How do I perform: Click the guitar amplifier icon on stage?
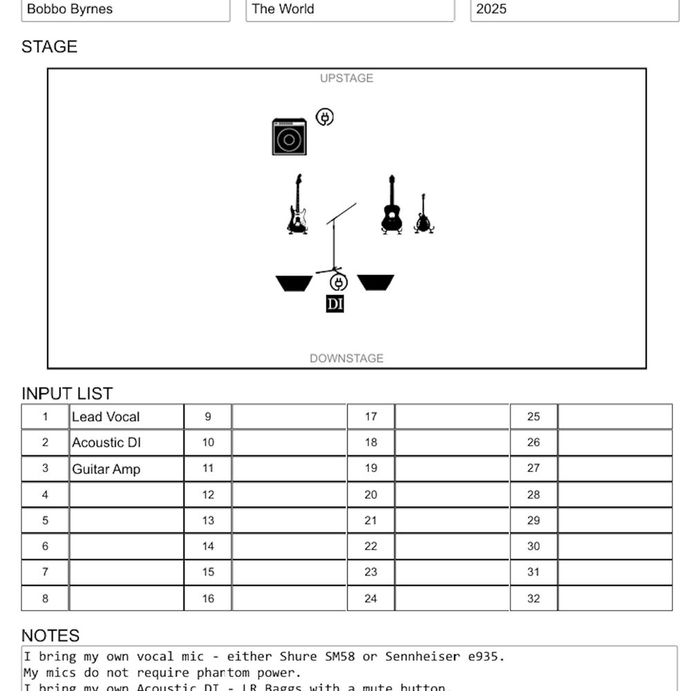point(289,137)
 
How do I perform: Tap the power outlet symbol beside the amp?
point(325,117)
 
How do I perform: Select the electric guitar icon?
point(297,205)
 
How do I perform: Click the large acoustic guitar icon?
point(392,205)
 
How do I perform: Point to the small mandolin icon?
point(423,214)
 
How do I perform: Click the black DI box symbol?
point(335,304)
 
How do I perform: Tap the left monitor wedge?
point(294,283)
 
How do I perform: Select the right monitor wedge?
point(376,283)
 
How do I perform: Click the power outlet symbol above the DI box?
point(339,282)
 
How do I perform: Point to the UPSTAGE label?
point(346,78)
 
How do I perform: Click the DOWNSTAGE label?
point(346,358)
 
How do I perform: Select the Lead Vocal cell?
point(126,417)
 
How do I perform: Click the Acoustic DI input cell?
point(126,443)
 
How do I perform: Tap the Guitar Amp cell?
point(126,469)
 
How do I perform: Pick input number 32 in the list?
point(533,598)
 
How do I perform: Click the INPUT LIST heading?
point(67,393)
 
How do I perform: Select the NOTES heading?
point(50,636)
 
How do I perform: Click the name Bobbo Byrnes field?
point(126,10)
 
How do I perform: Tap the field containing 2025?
point(574,10)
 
